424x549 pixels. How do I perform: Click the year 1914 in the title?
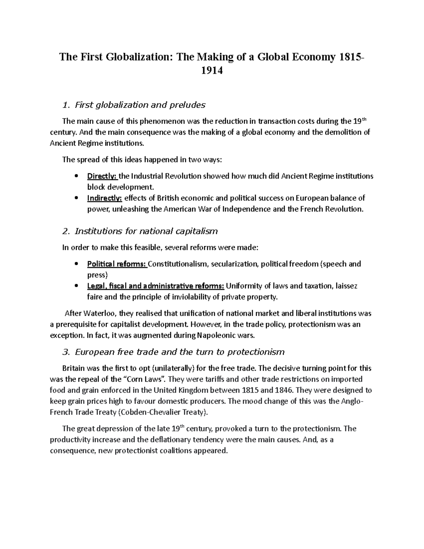point(212,71)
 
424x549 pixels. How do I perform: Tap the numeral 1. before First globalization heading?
point(65,105)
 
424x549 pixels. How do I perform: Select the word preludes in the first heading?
point(188,105)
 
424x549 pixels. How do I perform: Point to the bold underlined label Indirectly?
point(105,198)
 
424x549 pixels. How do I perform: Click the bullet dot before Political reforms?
point(76,264)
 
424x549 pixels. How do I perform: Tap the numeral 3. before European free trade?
point(65,352)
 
